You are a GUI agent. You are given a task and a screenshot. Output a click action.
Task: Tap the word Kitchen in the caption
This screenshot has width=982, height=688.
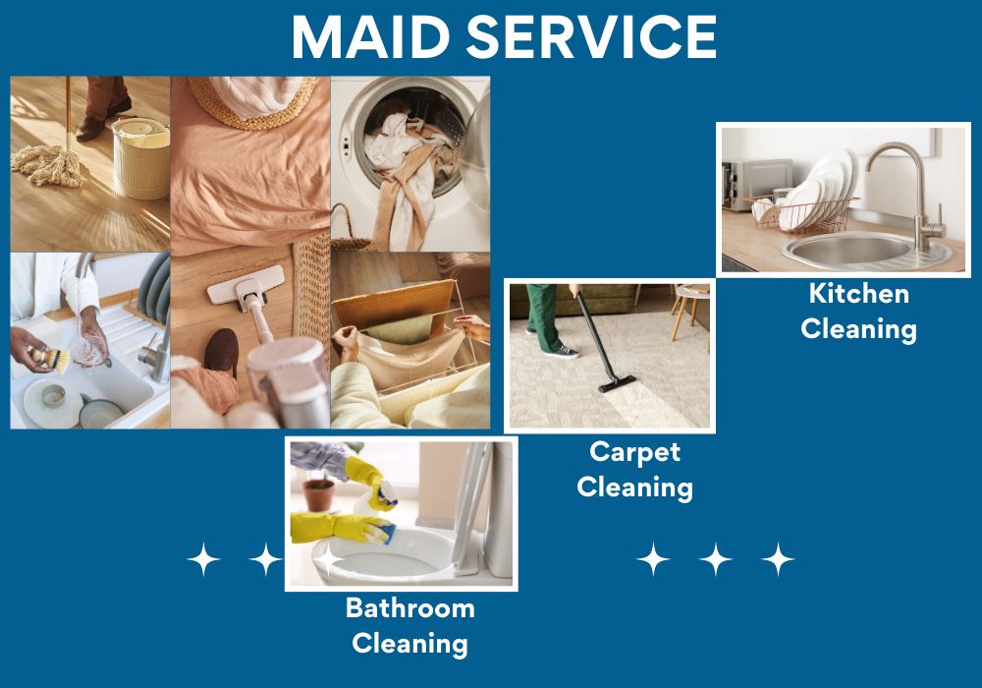pos(858,293)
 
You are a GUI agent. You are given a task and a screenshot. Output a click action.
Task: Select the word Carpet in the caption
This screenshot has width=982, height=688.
pos(634,452)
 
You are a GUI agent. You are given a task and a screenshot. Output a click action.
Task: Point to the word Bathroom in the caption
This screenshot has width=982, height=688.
pos(409,608)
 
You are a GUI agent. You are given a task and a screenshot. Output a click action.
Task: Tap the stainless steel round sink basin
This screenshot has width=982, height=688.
pos(854,251)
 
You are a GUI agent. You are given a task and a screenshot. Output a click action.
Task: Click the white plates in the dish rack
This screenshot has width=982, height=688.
pos(820,187)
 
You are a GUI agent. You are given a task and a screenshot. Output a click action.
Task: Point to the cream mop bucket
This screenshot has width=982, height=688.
pos(140,157)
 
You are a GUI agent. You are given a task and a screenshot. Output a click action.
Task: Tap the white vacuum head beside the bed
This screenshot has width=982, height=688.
pos(236,289)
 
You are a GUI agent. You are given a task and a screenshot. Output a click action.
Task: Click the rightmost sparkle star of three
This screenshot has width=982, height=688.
pos(778,559)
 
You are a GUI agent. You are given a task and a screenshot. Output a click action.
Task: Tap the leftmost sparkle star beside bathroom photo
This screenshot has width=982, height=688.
pos(203,559)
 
